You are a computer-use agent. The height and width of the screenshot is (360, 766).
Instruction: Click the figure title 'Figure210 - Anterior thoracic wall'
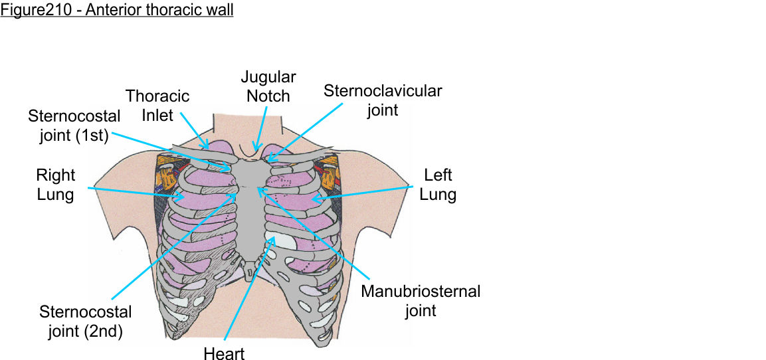coord(117,11)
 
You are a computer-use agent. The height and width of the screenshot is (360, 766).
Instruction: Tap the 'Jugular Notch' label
coord(268,86)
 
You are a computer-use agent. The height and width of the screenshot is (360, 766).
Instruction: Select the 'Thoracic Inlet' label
coord(157,106)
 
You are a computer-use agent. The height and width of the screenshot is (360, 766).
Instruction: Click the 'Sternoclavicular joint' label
coord(382,100)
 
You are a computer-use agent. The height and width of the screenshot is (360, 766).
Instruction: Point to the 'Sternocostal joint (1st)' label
coord(74,126)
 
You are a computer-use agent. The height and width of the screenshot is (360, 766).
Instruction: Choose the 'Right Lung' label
coord(56,185)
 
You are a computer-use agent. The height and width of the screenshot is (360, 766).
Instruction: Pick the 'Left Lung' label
coord(438,185)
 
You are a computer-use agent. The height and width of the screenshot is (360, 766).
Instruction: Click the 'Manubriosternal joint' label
coord(420,300)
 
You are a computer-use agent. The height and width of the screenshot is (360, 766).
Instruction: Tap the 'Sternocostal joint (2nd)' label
coord(85,321)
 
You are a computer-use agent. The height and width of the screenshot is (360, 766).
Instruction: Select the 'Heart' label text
coord(225,353)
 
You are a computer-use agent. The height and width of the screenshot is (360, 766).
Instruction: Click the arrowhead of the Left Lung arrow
coord(312,198)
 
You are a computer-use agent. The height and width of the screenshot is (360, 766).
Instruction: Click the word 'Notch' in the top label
coord(268,96)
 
